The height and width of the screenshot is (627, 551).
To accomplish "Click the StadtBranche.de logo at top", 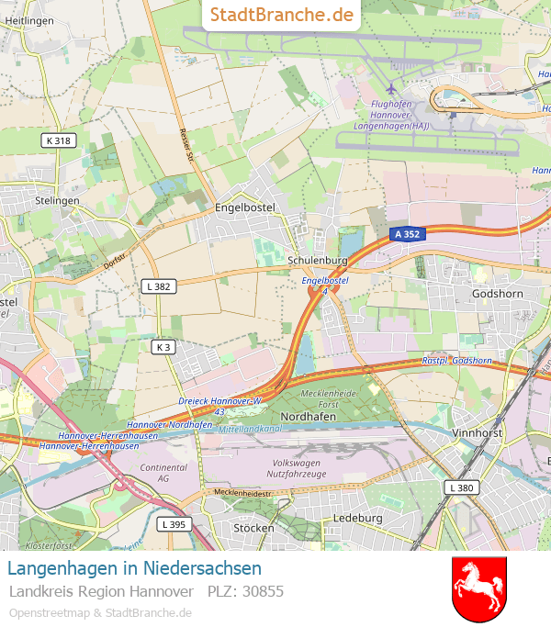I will [x=281, y=15].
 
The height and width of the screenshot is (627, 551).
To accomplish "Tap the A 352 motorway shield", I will [x=406, y=234].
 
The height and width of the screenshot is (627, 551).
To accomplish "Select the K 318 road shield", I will [x=57, y=140].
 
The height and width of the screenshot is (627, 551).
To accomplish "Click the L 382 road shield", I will [x=159, y=286].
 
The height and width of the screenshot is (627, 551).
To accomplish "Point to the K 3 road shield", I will [x=163, y=347].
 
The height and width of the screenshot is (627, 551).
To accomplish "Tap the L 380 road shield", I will [x=461, y=487].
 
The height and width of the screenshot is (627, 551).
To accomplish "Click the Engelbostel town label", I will [x=245, y=207].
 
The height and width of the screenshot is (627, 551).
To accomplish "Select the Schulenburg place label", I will [x=318, y=261].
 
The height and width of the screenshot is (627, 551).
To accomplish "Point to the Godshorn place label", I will [x=497, y=293].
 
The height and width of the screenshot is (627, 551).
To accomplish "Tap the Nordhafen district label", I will [x=307, y=416].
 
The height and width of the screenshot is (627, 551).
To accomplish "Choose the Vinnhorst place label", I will [x=479, y=431].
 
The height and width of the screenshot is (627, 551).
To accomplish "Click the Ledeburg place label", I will [x=357, y=518].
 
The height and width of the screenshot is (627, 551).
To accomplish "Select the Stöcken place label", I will [x=253, y=528].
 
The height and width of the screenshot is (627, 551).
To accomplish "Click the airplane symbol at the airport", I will [x=392, y=88].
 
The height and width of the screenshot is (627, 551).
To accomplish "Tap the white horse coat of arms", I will [x=479, y=588].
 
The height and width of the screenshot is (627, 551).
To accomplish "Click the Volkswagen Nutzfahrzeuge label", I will [x=296, y=468].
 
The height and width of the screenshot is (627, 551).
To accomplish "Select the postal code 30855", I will [x=264, y=591].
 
